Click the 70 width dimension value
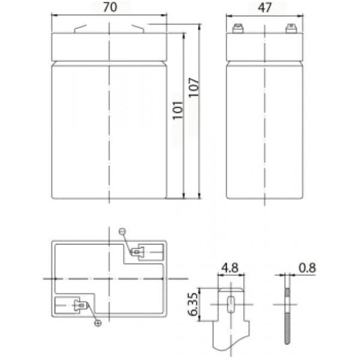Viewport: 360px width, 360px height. [110, 7]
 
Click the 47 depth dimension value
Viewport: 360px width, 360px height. [265, 8]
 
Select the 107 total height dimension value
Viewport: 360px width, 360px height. [194, 88]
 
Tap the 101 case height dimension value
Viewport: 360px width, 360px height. [178, 110]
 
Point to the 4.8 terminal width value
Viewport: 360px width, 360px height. [230, 268]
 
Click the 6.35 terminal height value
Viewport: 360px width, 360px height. [193, 304]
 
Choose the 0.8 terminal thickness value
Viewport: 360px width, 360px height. [307, 268]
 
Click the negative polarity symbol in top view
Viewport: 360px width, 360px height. [122, 232]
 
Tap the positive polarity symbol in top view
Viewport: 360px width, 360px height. [98, 323]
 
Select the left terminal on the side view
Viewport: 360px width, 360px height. [238, 28]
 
